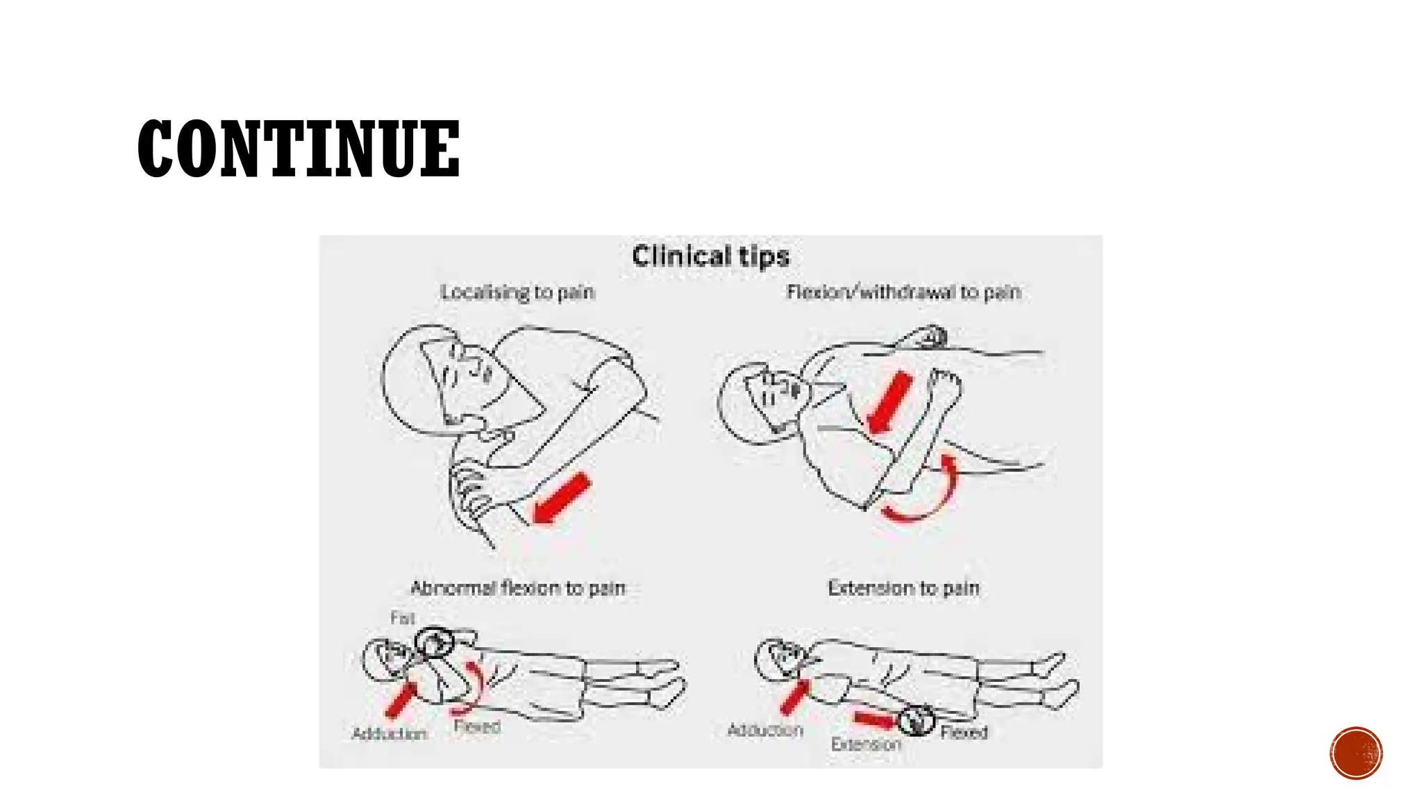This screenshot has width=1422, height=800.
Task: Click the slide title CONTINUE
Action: click(299, 149)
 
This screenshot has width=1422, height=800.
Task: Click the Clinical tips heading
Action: click(710, 257)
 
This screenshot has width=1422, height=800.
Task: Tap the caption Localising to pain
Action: click(517, 292)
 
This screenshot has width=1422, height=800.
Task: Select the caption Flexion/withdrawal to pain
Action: click(903, 292)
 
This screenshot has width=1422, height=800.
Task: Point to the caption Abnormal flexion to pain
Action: click(518, 588)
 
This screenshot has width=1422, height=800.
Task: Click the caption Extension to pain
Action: click(903, 588)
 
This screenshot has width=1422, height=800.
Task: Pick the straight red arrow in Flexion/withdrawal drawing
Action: click(889, 403)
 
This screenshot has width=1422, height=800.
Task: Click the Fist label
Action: click(403, 617)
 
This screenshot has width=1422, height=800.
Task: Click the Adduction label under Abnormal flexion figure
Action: click(389, 734)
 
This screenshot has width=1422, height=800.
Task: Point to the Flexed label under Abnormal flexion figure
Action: click(477, 727)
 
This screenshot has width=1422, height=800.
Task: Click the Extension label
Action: click(866, 744)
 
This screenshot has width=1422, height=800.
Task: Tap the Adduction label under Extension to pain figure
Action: click(765, 731)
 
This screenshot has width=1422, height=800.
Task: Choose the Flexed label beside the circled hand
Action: click(964, 733)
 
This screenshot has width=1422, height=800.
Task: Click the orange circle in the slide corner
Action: click(1356, 753)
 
